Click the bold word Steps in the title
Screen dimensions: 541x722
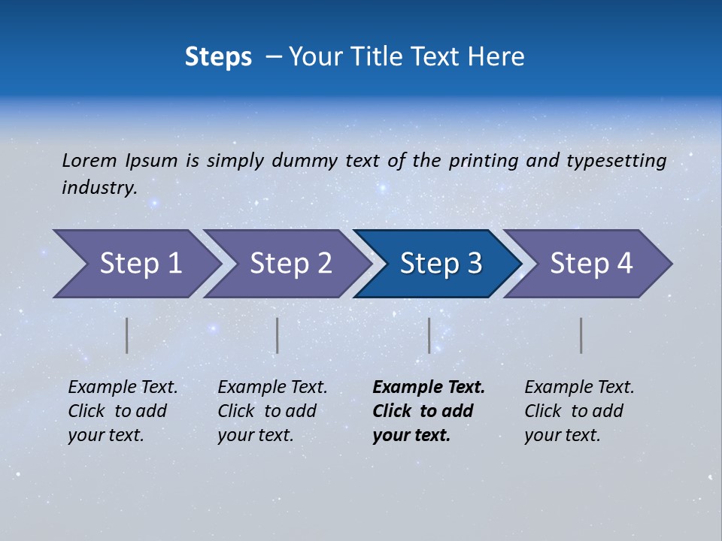[x=218, y=57]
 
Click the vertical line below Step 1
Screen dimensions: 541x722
[x=127, y=335]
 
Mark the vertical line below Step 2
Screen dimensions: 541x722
[x=278, y=335]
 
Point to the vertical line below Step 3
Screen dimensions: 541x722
[x=429, y=335]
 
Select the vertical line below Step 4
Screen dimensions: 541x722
[x=581, y=335]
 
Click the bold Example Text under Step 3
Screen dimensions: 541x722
[x=429, y=387]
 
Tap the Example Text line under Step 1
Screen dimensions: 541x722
[x=123, y=387]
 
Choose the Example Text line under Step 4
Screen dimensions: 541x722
[x=579, y=387]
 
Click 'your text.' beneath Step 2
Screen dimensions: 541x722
[x=255, y=435]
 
